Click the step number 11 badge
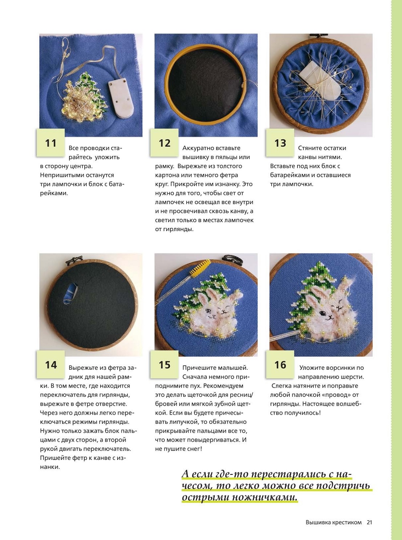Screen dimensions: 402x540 50,143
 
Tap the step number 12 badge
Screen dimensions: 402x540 165,143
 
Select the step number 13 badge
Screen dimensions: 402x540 280,143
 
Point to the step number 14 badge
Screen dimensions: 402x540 50,365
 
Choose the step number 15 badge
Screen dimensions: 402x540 165,365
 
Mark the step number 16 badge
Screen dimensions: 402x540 280,365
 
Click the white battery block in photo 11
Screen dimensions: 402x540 121,98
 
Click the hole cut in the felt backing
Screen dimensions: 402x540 70,295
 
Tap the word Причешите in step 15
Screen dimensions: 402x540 198,368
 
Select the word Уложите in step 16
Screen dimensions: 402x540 311,368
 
